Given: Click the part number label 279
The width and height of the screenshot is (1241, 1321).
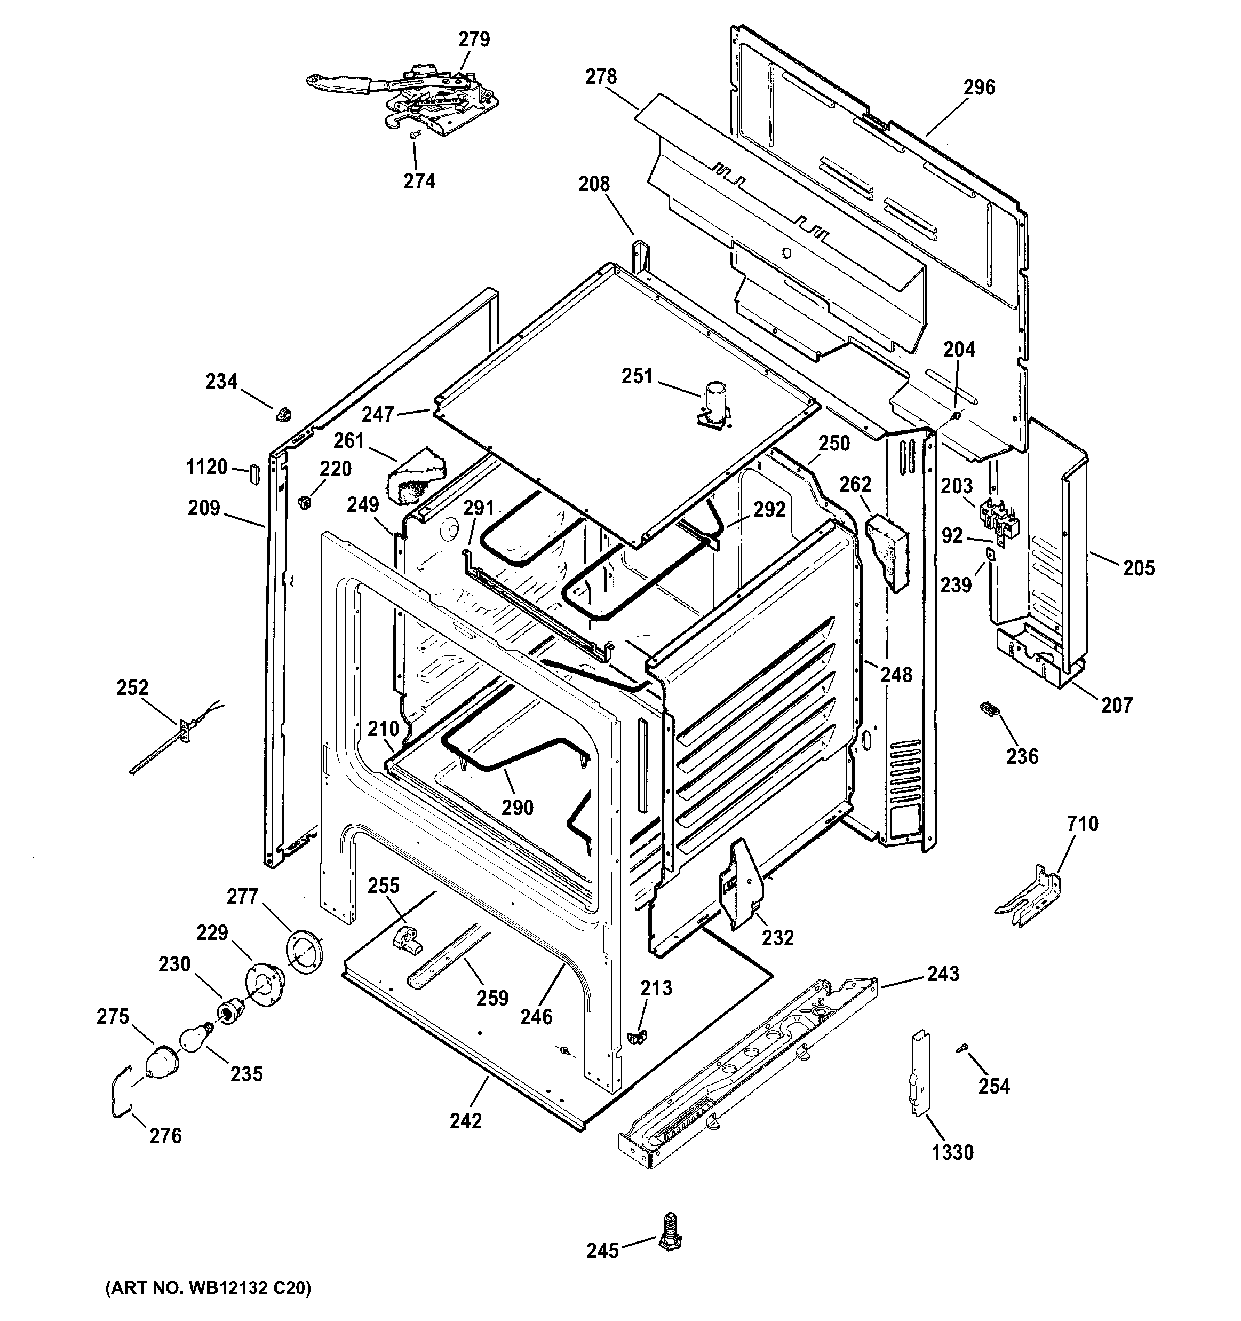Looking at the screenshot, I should pos(474,40).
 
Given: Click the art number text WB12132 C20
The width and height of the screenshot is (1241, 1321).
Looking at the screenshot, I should pos(208,1307).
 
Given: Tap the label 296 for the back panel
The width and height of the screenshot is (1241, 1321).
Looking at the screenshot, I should pos(979,87).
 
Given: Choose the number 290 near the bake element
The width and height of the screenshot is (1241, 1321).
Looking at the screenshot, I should pos(517,808).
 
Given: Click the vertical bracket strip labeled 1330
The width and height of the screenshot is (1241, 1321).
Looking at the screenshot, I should pos(919,1072).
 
